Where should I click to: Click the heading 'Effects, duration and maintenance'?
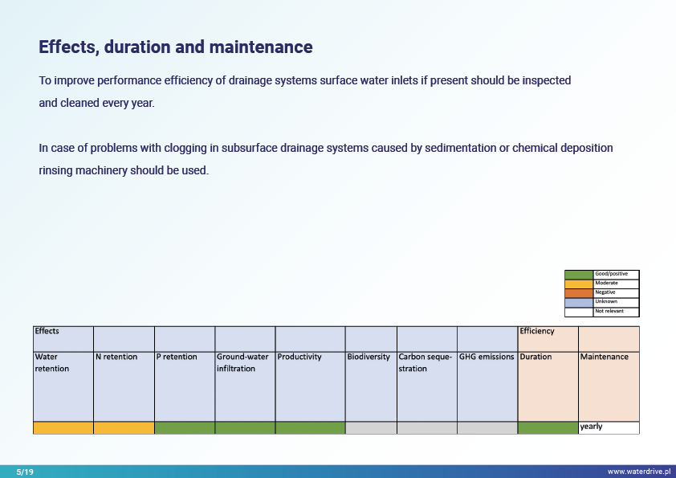(176, 47)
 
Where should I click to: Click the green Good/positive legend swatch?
(578, 275)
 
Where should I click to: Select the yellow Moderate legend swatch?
(578, 284)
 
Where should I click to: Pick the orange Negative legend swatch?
(578, 292)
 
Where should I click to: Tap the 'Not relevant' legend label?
(609, 311)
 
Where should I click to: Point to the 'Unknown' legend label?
(606, 302)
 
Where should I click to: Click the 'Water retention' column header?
(51, 362)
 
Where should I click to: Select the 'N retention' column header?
(116, 357)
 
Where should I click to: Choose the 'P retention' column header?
(177, 357)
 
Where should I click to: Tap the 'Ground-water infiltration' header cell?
(242, 362)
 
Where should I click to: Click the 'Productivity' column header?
(299, 357)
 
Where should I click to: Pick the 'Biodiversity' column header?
(369, 357)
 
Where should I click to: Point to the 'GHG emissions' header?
(487, 357)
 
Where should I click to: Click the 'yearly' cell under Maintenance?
(591, 427)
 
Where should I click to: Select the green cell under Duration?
(548, 427)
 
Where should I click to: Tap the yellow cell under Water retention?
(63, 427)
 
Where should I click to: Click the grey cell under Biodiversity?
(371, 427)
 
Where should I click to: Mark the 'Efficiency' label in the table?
(537, 331)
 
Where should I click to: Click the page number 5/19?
(25, 472)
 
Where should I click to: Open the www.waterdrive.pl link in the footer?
(638, 472)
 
